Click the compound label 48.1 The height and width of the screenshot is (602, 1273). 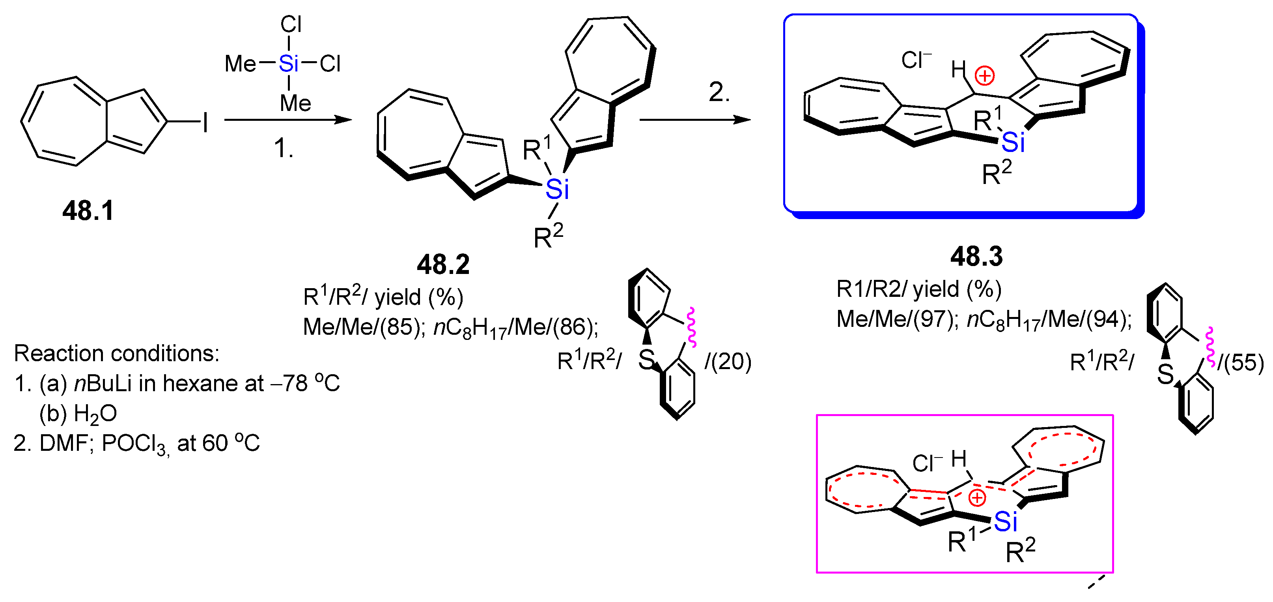coord(88,211)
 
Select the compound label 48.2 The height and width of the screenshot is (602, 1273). coord(443,264)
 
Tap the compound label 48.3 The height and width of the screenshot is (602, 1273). coord(976,256)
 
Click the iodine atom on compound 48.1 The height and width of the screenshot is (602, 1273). coord(205,122)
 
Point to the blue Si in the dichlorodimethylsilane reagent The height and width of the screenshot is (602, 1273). coord(289,63)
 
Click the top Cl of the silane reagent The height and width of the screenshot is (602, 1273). coord(291,24)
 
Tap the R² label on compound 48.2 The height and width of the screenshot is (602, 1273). coord(548,236)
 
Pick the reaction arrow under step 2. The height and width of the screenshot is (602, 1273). coord(695,120)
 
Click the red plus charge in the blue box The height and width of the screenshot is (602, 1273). coord(984,76)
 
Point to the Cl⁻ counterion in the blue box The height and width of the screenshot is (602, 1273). coord(916,60)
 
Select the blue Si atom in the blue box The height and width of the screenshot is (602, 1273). coord(1013,143)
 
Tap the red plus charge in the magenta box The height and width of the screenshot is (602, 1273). coord(977,498)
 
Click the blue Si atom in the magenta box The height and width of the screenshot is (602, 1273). coord(1005,521)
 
